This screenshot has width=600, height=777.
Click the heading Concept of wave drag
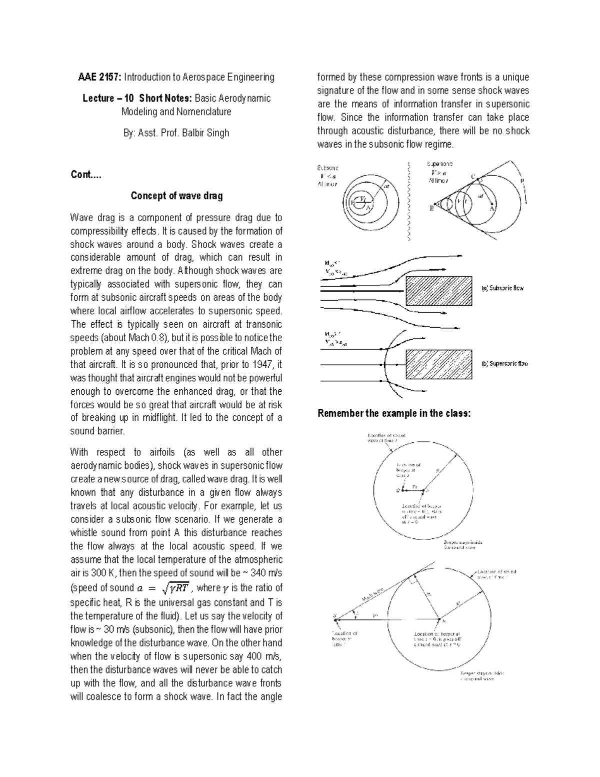[176, 196]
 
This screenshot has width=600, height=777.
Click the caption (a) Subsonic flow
[502, 289]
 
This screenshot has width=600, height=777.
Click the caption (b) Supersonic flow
[504, 364]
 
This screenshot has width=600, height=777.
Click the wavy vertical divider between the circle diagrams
[409, 200]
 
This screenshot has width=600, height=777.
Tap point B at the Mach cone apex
[430, 209]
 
